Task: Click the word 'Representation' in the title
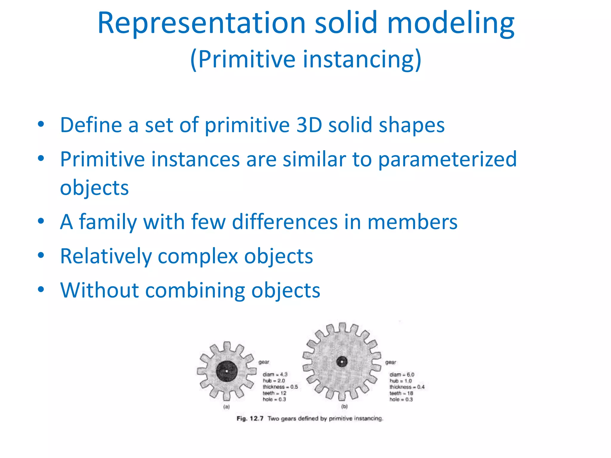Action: (x=201, y=23)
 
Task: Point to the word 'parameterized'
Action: (x=447, y=159)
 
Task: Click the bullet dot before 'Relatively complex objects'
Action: (x=41, y=255)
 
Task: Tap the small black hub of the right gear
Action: (x=342, y=362)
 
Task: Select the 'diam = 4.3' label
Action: (x=275, y=375)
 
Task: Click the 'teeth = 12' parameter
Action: (x=274, y=393)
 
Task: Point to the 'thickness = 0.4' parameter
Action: (x=407, y=387)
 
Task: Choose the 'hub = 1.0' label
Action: (x=400, y=381)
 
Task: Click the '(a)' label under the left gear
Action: (x=226, y=407)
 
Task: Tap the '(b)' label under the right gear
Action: (x=344, y=406)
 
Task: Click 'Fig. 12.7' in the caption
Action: (x=250, y=419)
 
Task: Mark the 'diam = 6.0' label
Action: (x=402, y=375)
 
